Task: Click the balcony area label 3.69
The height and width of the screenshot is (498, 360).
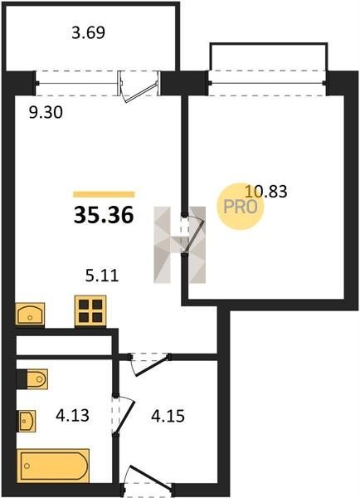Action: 88,32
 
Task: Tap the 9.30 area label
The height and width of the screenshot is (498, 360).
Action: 46,112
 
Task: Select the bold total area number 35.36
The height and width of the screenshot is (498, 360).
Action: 104,215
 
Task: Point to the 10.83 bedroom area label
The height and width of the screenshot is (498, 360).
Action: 266,192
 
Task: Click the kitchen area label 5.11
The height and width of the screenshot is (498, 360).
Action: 102,276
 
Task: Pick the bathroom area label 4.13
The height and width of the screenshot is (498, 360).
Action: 72,415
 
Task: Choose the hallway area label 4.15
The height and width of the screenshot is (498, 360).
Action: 168,416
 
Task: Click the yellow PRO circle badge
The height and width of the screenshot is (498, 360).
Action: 241,207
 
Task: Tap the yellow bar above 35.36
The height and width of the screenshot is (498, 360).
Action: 104,194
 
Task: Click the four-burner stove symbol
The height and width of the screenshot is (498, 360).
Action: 90,311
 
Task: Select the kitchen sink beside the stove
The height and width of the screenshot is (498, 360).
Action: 30,314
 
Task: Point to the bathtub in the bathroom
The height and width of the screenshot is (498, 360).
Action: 53,466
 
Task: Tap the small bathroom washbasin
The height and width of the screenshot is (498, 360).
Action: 27,421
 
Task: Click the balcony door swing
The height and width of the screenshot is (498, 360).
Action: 138,87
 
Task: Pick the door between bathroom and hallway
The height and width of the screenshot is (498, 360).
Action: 124,415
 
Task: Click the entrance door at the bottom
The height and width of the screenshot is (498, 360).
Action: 147,480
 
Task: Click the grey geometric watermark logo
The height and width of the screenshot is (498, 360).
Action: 180,245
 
